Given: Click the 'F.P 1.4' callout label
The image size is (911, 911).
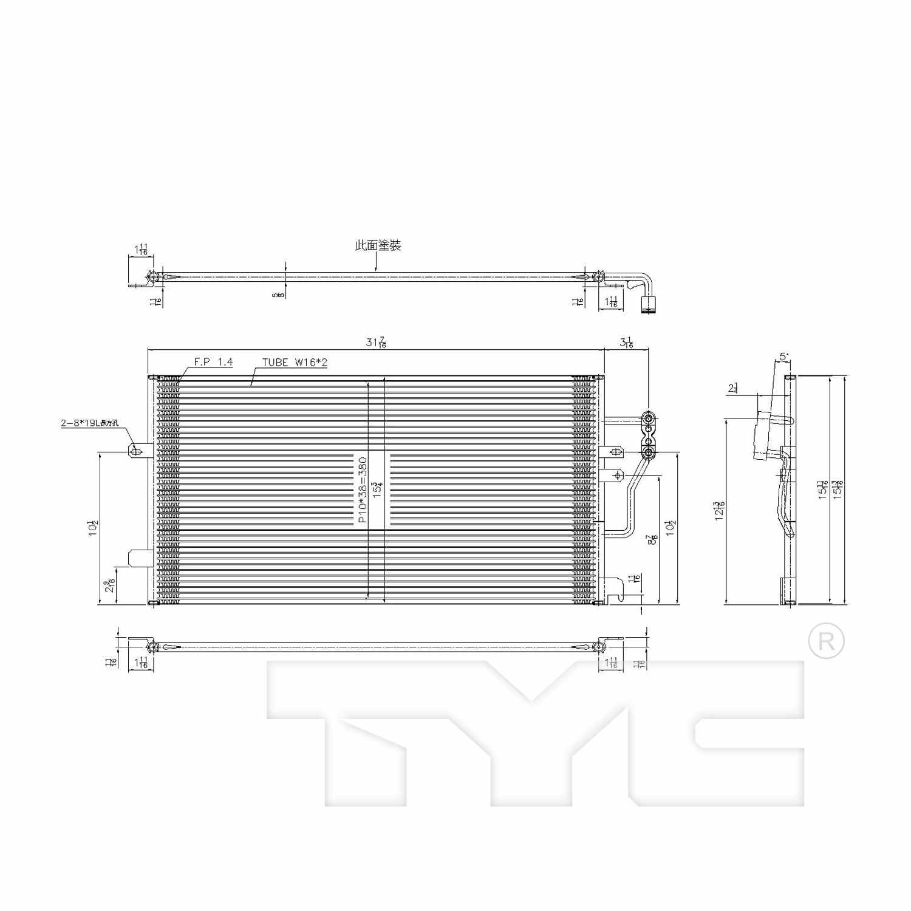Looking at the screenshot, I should pos(213,362).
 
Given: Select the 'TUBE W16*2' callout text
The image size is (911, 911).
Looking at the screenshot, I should pos(295,363).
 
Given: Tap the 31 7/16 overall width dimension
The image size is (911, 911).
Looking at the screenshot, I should pos(376,343).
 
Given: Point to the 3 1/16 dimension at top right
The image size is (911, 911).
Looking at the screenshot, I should pos(627,343).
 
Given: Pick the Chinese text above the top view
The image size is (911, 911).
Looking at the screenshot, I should pos(378,245).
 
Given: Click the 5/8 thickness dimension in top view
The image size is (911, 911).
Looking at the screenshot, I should pos(278,295).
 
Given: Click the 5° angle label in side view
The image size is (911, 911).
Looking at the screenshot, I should pos(784,357).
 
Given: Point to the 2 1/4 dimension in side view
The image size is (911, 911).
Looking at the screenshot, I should pos(733,389).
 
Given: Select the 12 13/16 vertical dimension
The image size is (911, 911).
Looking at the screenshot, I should pos(720,511).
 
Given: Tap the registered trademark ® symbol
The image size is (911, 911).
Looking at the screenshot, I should pos(826,641).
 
